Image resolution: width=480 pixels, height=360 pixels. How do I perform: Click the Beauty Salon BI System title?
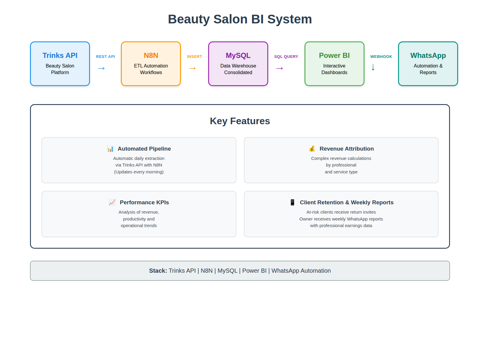tap(240, 19)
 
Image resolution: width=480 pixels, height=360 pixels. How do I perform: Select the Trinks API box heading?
tap(60, 55)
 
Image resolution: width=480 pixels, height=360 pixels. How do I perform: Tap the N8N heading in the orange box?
tap(151, 55)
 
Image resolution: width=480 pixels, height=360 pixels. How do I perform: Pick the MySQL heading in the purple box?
tap(238, 55)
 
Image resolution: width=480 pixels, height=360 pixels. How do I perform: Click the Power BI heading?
tap(334, 55)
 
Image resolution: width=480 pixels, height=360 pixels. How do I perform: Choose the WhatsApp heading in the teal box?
tap(428, 55)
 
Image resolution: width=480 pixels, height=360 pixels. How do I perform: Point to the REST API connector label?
tap(105, 57)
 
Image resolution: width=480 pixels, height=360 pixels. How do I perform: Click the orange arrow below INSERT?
tap(192, 69)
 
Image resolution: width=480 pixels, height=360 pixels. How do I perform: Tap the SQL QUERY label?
tap(286, 57)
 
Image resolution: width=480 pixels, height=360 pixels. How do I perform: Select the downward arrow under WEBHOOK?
tap(373, 67)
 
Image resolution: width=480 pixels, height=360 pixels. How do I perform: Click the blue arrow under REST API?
tap(101, 69)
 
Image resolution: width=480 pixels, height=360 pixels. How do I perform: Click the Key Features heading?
tap(240, 121)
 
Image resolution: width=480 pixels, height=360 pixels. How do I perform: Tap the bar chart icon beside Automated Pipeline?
tap(110, 149)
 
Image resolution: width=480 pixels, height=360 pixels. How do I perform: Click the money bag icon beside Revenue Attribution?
tap(312, 149)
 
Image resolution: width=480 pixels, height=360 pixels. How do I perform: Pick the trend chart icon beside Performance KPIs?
tap(112, 202)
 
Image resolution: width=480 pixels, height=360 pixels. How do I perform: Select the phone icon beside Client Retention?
tap(292, 202)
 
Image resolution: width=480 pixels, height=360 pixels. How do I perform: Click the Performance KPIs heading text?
tap(144, 202)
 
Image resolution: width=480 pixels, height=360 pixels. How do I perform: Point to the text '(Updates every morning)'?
tap(139, 172)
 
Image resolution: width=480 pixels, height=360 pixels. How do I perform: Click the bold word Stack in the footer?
tap(158, 271)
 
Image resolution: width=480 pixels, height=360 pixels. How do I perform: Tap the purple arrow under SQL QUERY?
tap(280, 69)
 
